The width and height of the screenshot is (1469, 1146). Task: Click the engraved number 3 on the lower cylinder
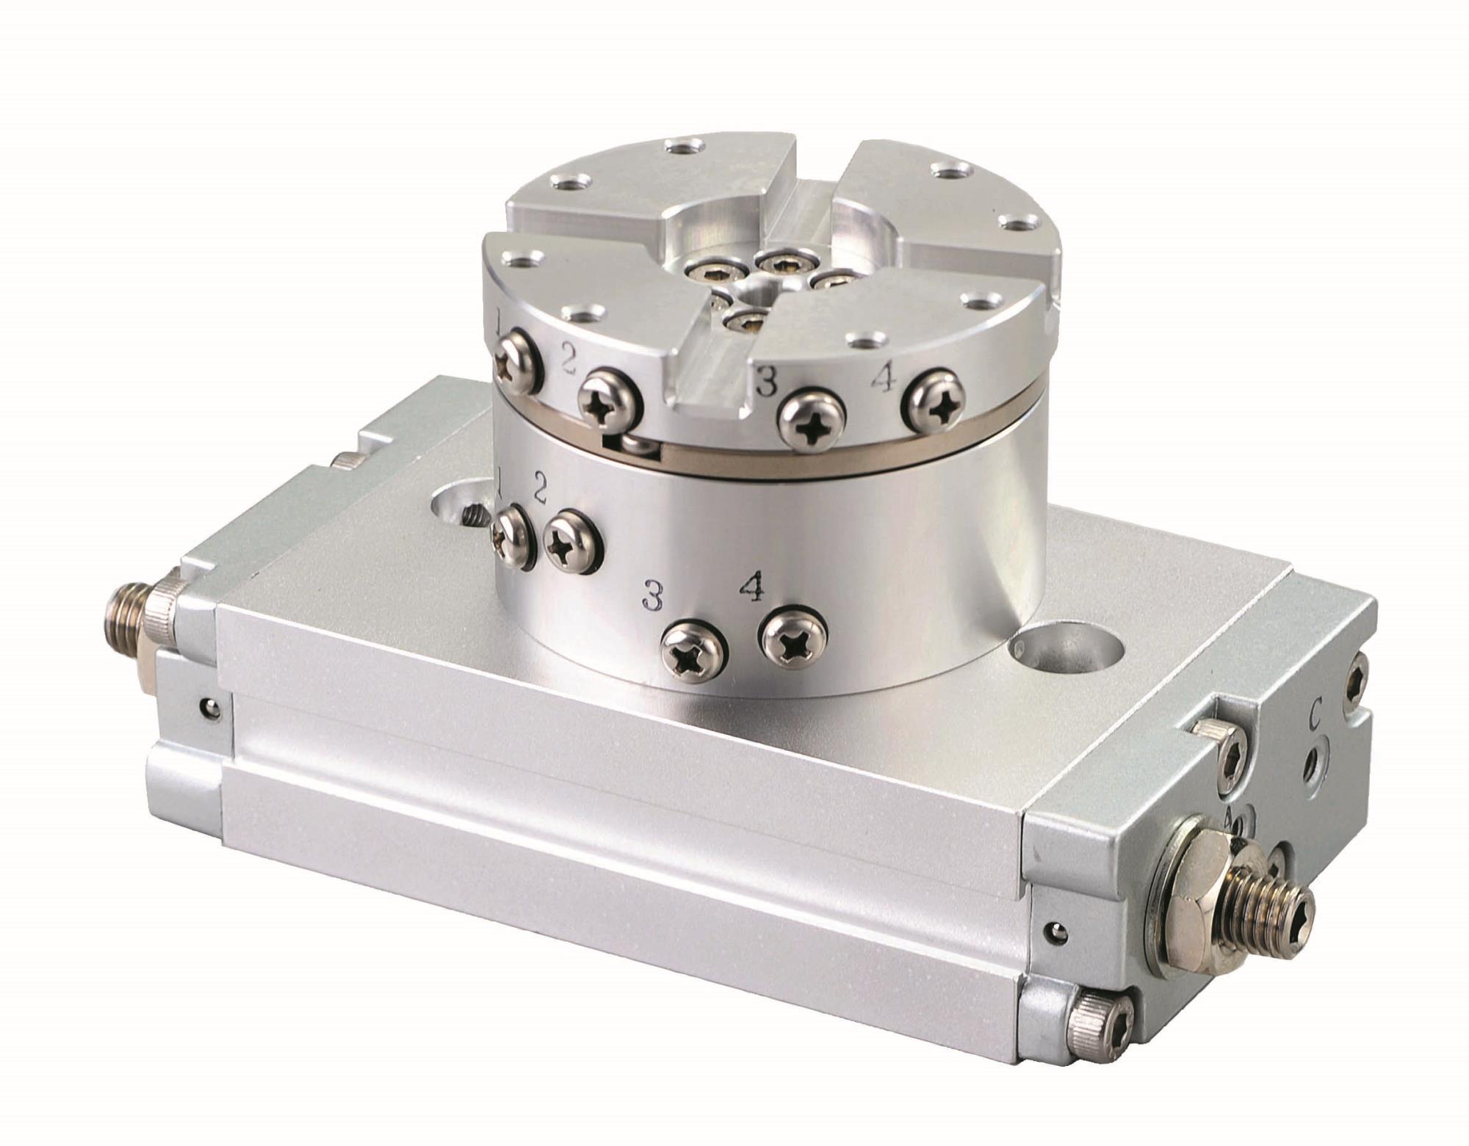652,596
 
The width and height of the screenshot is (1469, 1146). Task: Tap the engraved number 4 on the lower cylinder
751,587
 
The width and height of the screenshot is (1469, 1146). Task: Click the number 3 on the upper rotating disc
767,381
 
